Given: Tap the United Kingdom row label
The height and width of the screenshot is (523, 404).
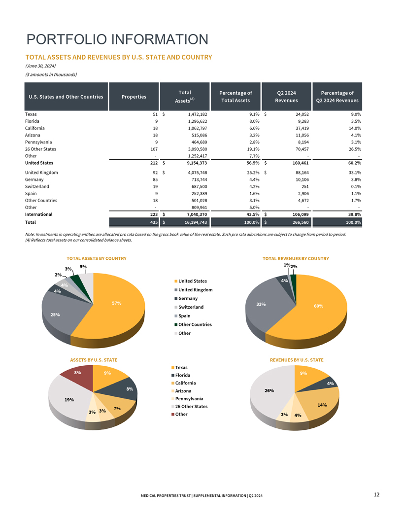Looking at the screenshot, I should (x=41, y=173).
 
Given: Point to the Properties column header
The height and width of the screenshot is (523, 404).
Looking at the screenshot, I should (x=134, y=97).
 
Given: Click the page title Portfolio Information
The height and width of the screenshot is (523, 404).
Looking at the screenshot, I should (x=117, y=39).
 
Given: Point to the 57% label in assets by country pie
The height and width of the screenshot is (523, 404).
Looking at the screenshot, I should (x=117, y=303).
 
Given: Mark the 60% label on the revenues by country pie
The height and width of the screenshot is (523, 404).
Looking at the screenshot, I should (x=318, y=306).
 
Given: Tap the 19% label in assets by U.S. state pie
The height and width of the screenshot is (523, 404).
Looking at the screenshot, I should (x=69, y=400).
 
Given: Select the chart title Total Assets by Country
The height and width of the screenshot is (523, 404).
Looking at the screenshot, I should (x=97, y=258).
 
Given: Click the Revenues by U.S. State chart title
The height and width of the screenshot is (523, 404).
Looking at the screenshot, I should (x=297, y=360).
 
